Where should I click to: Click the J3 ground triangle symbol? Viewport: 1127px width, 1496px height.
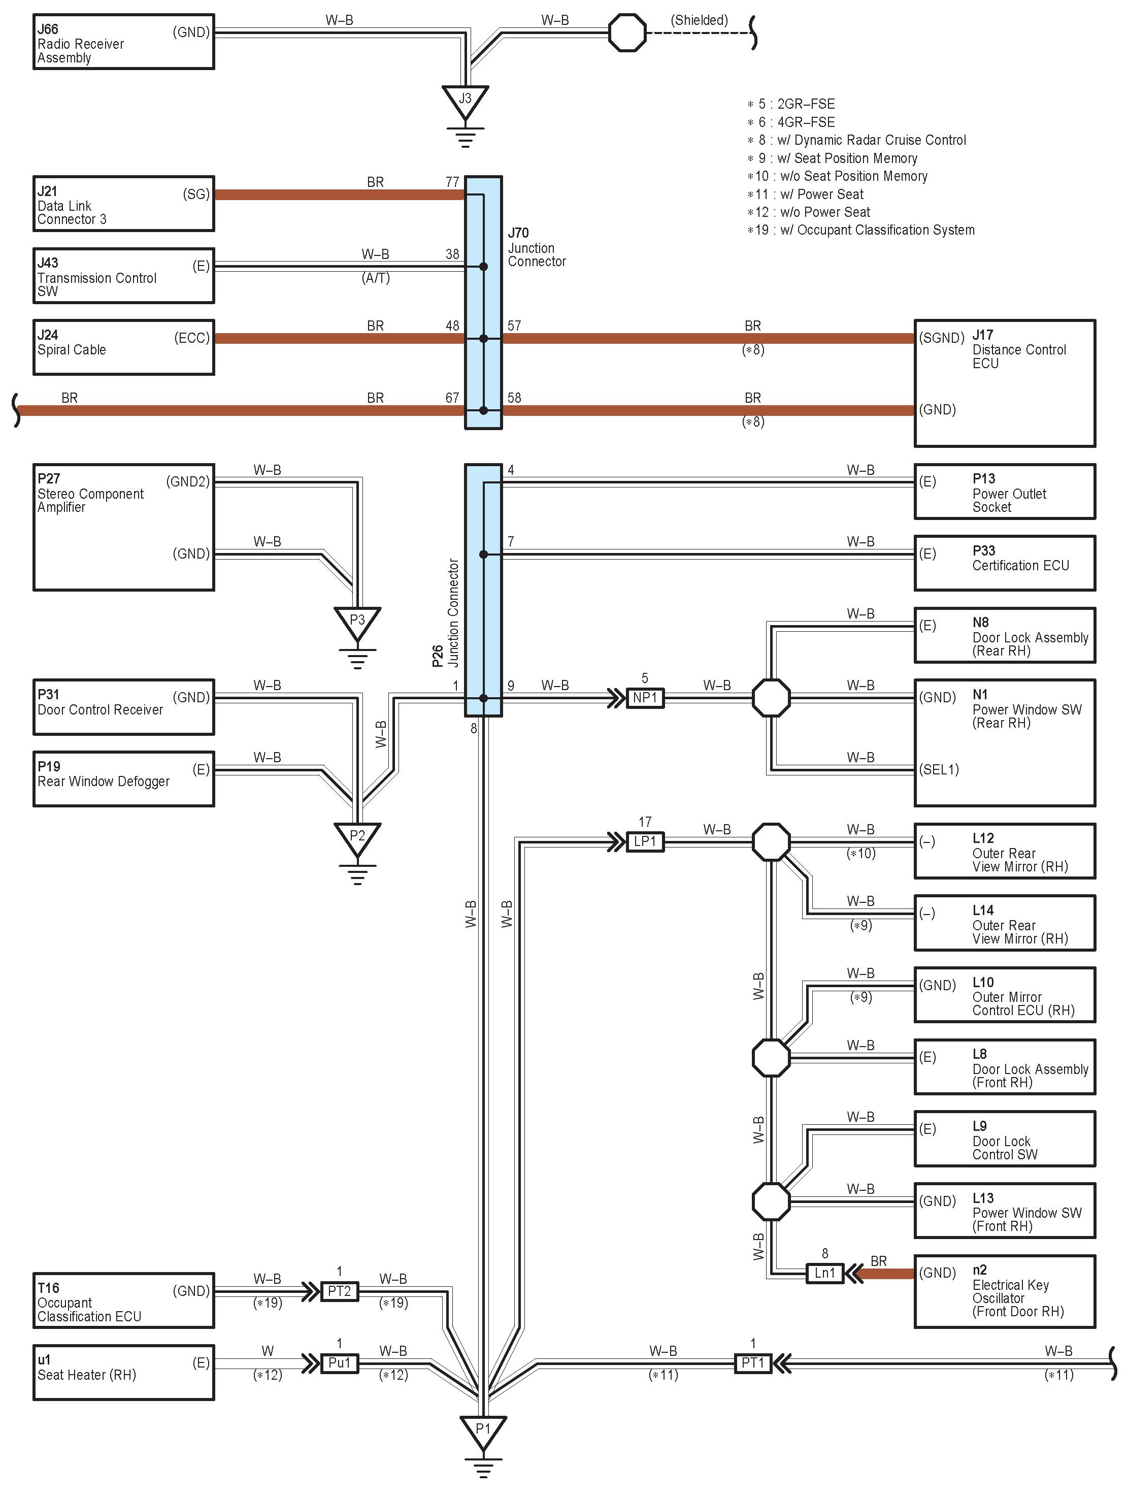tap(465, 102)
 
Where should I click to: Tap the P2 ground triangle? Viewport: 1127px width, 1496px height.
tap(357, 838)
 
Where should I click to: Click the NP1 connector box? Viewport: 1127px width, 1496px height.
tap(645, 698)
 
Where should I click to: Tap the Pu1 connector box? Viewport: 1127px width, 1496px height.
tap(340, 1363)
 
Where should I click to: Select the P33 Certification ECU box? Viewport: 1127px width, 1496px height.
tap(1005, 563)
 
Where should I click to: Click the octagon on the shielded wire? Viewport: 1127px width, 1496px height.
tap(627, 32)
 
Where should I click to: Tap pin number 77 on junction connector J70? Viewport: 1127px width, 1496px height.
tap(452, 182)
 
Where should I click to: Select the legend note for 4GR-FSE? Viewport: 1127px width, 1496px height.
tap(791, 122)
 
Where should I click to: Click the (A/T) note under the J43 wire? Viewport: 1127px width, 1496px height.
tap(376, 278)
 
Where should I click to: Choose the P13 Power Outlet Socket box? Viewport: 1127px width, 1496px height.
tap(1005, 492)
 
